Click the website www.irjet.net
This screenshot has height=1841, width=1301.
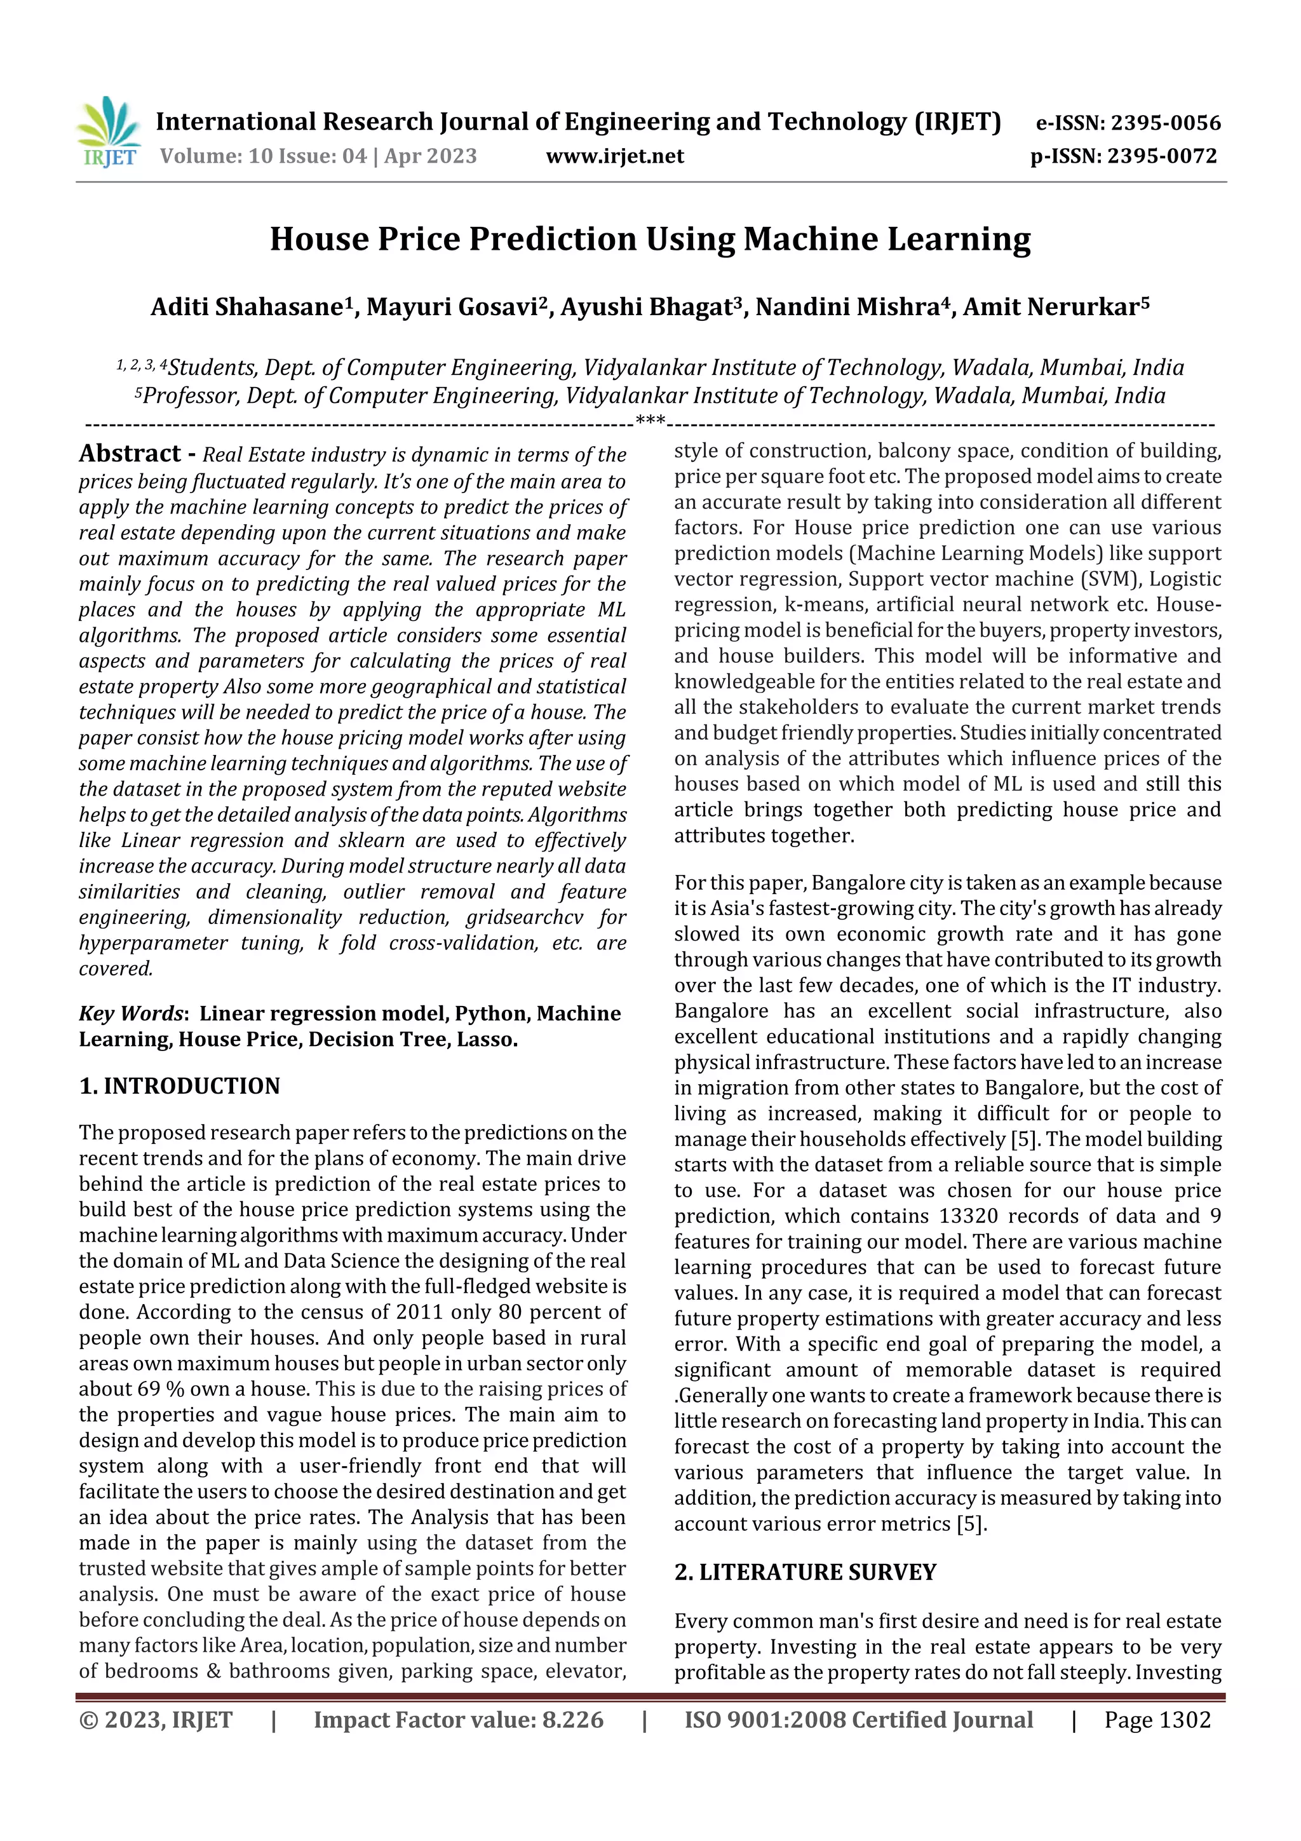pos(615,156)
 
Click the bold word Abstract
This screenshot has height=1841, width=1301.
pos(130,454)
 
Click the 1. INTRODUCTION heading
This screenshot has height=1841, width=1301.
pos(180,1085)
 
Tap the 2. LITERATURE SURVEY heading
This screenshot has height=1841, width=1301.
pos(805,1572)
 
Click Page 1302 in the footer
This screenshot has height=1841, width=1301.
pos(1157,1719)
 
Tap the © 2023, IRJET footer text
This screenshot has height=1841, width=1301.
pos(156,1719)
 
